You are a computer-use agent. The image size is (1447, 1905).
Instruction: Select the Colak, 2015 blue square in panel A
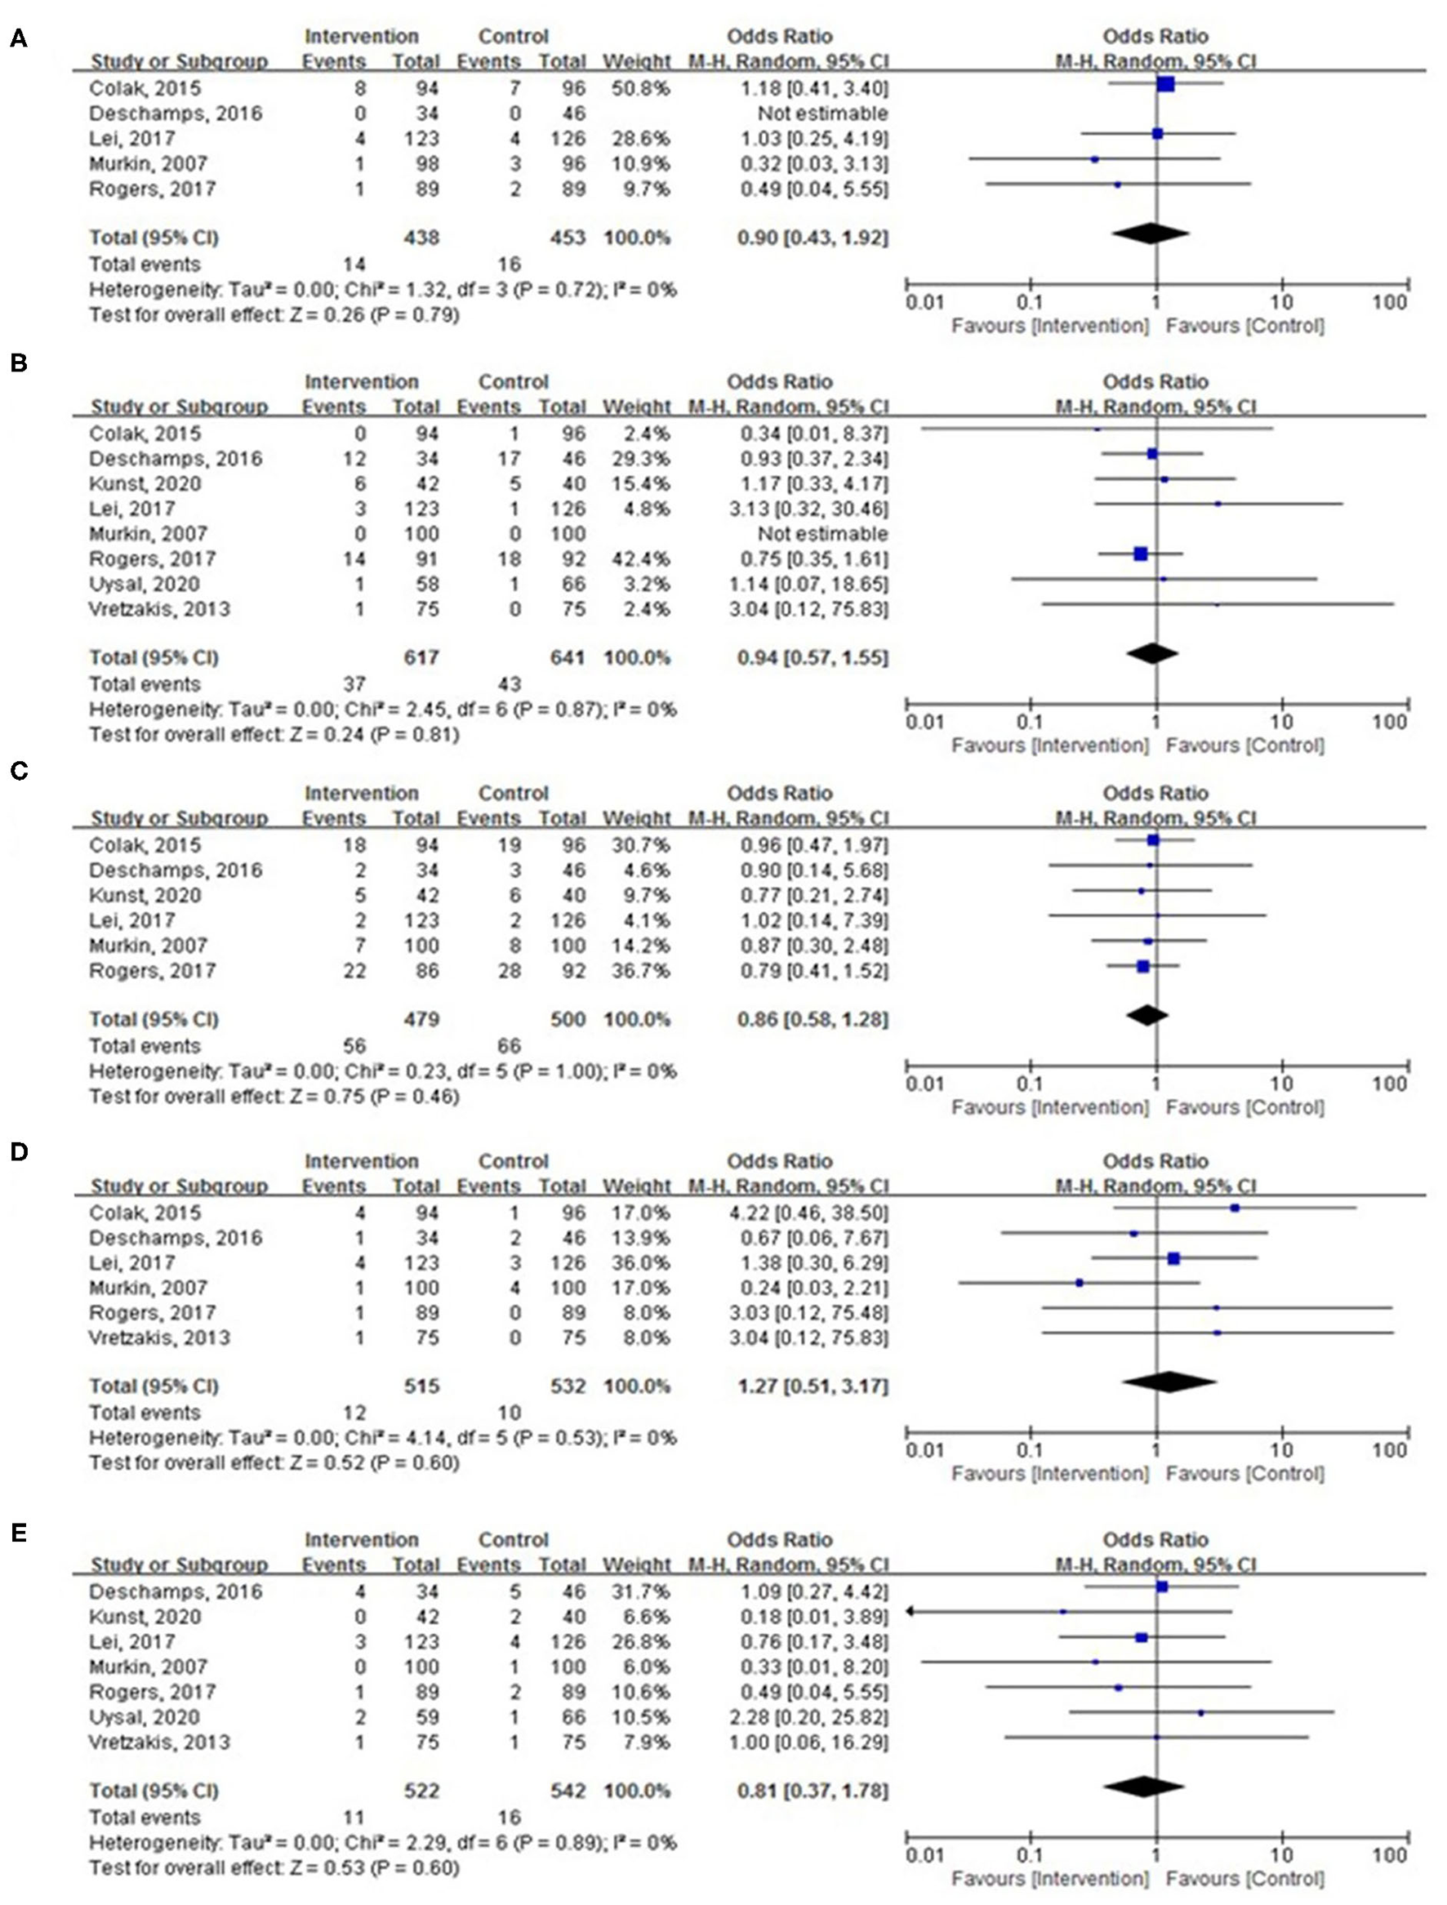pos(1165,83)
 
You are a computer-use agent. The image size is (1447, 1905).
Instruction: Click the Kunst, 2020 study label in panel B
pos(145,483)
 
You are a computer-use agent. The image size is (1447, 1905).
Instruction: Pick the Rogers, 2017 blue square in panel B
pos(1141,554)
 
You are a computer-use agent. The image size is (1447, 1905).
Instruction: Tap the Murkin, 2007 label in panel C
pos(148,945)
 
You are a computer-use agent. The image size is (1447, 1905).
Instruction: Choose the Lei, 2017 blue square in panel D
pos(1173,1258)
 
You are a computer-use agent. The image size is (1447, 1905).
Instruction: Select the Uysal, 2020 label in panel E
pos(144,1716)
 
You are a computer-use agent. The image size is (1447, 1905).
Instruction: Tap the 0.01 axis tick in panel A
pos(925,302)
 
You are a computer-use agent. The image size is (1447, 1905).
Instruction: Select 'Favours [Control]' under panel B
pos(1244,745)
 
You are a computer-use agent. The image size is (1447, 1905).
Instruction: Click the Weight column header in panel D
pos(636,1186)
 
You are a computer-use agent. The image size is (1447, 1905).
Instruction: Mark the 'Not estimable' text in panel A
pos(821,113)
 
